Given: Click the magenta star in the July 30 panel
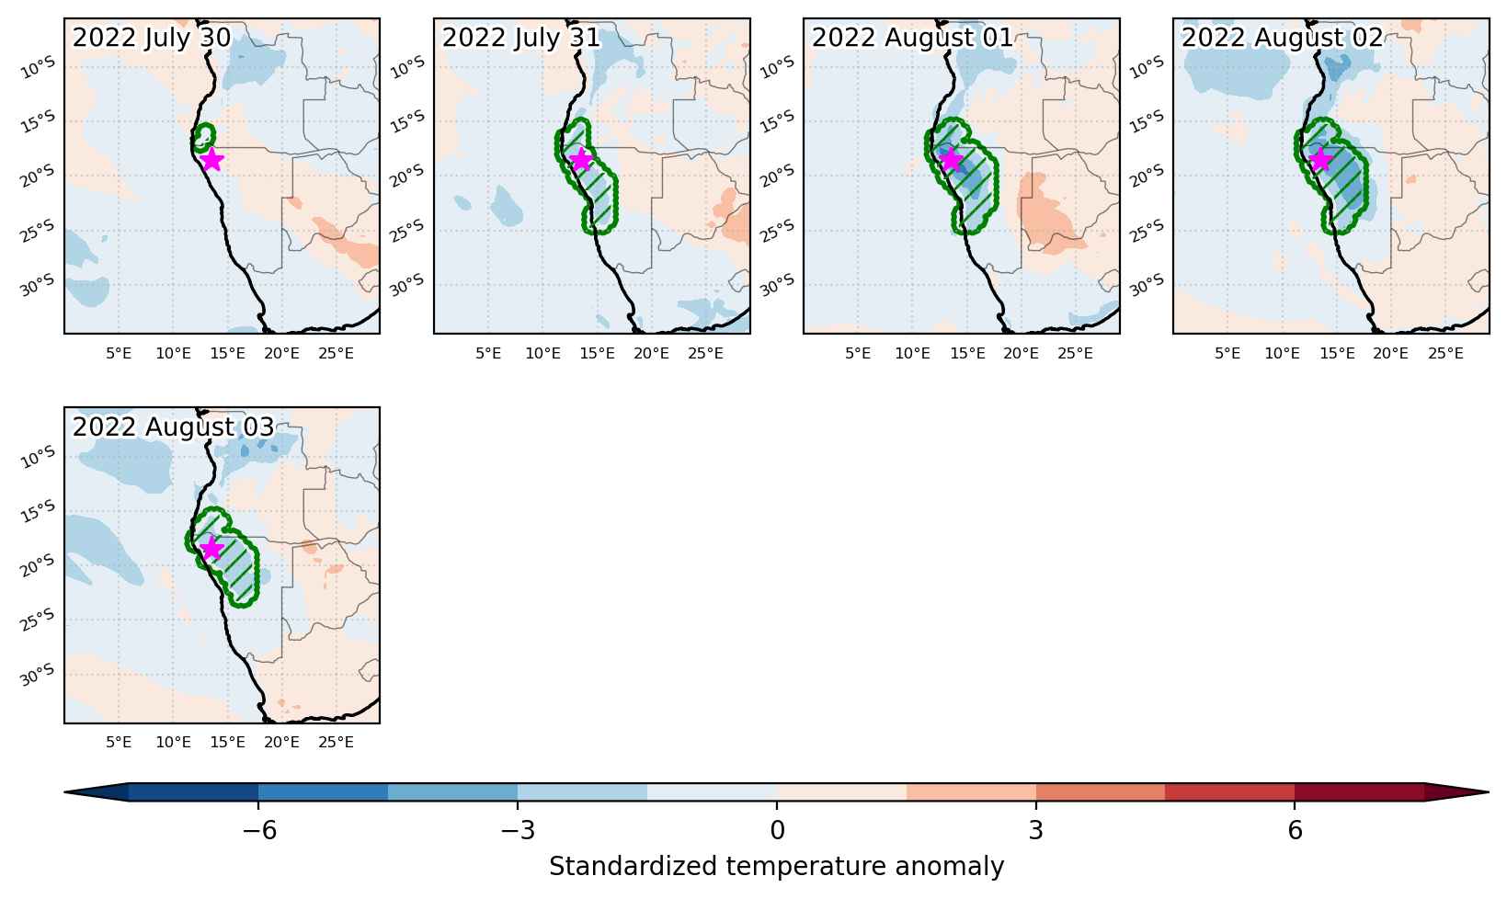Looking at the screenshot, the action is [211, 159].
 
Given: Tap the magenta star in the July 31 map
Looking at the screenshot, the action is [581, 159].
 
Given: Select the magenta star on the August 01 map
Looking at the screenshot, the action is [951, 159].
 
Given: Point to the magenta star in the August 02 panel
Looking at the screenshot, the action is [1321, 159].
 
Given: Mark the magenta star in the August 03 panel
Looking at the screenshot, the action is [211, 548].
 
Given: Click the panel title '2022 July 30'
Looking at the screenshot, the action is [152, 38].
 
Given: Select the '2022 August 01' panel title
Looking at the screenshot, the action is [912, 38].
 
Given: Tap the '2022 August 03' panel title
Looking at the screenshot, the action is [174, 427].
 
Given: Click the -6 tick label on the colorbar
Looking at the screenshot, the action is [259, 830].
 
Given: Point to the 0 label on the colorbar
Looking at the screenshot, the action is [777, 830].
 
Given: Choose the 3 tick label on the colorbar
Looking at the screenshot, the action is [1036, 830].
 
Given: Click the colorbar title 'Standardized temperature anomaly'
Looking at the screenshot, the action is [776, 866].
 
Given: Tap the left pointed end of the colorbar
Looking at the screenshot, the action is [65, 792].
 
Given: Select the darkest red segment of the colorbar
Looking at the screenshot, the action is [1359, 792].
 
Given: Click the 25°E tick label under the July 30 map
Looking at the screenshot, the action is [336, 353].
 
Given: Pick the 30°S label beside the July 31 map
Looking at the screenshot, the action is [407, 285].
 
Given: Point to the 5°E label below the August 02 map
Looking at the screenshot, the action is [1227, 353].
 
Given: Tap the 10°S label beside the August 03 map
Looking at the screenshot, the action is [38, 457].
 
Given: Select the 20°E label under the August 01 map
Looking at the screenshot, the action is [1022, 353].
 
